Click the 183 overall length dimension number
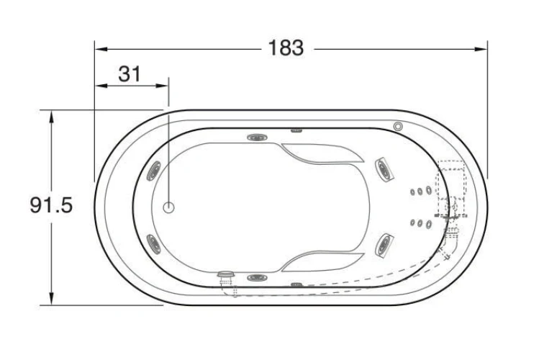click(x=286, y=48)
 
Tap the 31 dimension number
click(x=130, y=74)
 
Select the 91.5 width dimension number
click(x=51, y=205)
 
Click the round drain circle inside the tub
click(x=168, y=207)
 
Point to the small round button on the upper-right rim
click(x=398, y=126)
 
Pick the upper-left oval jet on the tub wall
click(x=155, y=171)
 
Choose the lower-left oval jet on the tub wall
click(x=154, y=244)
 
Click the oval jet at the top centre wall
click(x=258, y=138)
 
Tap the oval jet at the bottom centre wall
click(x=257, y=277)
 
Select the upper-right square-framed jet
click(x=384, y=169)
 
